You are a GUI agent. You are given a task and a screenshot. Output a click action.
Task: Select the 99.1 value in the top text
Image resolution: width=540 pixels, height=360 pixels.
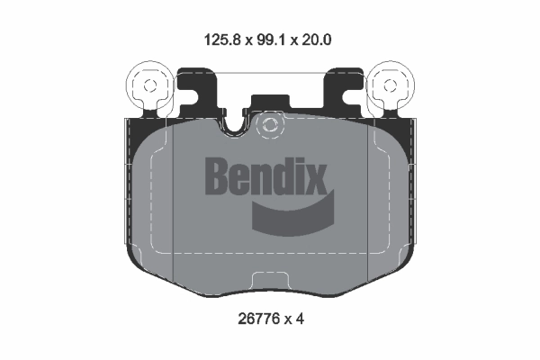[x=270, y=39]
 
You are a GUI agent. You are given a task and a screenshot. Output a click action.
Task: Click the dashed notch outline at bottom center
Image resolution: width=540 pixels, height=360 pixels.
[x=270, y=281]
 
